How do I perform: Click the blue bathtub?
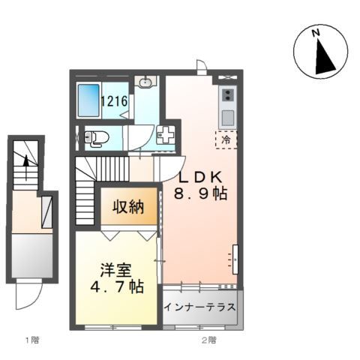88,100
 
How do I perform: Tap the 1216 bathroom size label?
114,101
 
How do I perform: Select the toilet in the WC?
96,137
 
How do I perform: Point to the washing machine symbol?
165,135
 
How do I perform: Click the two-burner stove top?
227,94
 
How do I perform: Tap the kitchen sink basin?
228,118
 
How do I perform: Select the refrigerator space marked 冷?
226,139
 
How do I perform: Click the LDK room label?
200,177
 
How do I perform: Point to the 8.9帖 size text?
201,193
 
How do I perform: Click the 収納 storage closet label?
128,207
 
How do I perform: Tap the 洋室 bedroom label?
116,270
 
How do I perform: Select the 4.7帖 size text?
117,286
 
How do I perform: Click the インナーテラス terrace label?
200,307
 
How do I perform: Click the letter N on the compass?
316,32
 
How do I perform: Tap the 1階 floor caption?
32,340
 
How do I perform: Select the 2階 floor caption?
209,340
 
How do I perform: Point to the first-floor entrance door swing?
28,295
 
